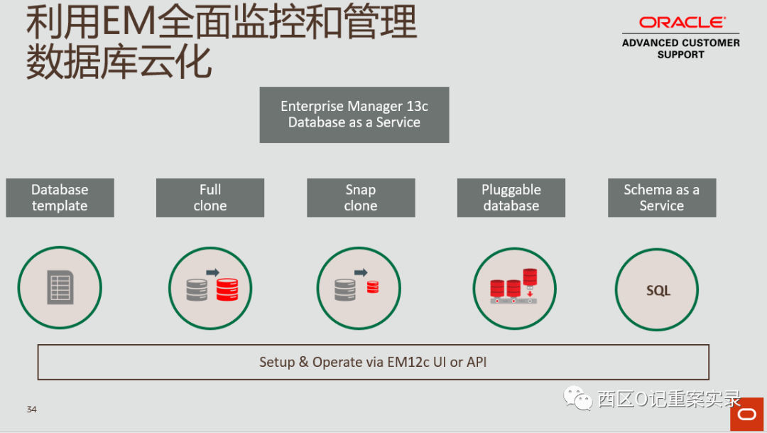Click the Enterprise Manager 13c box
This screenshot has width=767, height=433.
point(354,114)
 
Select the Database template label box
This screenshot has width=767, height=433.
point(60,198)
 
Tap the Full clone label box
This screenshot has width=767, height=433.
point(210,198)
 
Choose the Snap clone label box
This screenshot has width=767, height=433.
point(361,198)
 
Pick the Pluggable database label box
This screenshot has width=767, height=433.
point(511,198)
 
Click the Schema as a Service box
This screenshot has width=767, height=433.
point(661,198)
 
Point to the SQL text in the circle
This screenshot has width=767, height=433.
point(658,291)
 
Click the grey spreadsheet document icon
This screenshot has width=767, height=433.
point(60,288)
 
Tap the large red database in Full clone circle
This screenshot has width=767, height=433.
point(227,289)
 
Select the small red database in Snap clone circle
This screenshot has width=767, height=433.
point(373,288)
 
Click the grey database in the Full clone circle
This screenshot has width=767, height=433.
point(197,290)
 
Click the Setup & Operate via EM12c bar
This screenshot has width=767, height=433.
point(373,362)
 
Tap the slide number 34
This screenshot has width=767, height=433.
point(31,409)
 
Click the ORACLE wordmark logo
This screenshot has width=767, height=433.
point(681,23)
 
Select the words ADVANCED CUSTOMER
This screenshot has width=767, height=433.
point(680,43)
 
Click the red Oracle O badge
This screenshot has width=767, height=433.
point(747,415)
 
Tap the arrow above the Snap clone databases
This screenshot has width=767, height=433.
point(361,272)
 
